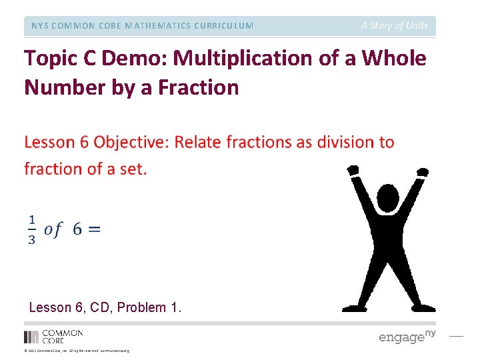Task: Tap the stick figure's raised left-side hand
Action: coord(353,171)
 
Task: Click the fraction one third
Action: coord(32,229)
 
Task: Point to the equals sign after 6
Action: coord(94,229)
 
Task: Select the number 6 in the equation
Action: coord(77,229)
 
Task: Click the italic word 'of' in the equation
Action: coord(53,229)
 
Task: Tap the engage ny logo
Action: coord(407,336)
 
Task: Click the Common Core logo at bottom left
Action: coord(53,336)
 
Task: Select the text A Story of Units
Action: coord(395,26)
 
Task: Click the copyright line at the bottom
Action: coord(77,351)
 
